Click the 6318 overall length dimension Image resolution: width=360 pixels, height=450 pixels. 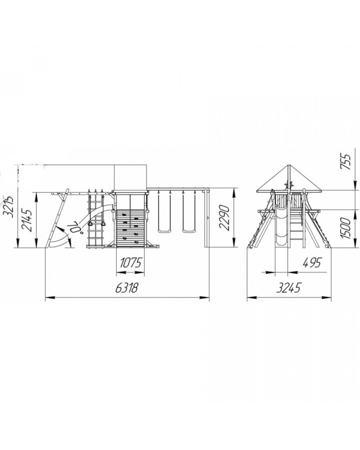pos(127,287)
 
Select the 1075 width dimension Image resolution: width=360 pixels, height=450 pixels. pos(131,262)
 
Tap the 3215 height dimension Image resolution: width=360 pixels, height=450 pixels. pos(10,207)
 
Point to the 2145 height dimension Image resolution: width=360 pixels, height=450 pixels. pos(28,220)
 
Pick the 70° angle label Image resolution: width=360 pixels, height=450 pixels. pos(74,228)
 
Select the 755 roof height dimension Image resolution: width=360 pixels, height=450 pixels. pos(346,162)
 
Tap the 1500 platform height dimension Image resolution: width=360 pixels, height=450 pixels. pos(346,228)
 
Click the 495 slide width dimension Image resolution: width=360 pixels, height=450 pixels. pos(311,262)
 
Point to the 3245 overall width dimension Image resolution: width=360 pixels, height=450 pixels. pos(289,287)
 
